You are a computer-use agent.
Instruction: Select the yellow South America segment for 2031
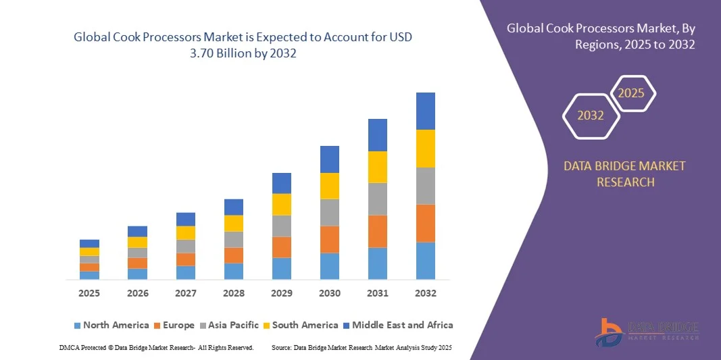click(x=377, y=167)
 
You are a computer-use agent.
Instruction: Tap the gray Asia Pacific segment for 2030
click(x=329, y=212)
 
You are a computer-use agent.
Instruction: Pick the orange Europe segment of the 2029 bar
click(x=281, y=247)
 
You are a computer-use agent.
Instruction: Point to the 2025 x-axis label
click(x=89, y=293)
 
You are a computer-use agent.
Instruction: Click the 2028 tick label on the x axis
click(x=233, y=293)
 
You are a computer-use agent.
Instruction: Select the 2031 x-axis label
click(x=377, y=293)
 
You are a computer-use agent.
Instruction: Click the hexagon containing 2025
click(x=632, y=93)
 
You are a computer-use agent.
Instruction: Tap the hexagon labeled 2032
click(x=591, y=115)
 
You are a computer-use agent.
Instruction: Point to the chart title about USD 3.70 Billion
click(x=243, y=45)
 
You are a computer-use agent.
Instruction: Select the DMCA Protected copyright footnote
click(x=157, y=347)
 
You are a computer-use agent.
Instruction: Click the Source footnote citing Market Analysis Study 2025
click(x=362, y=347)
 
